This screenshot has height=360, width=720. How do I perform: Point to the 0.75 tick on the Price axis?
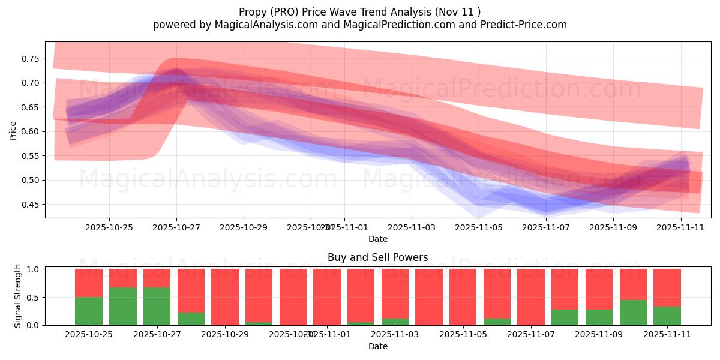click(x=30, y=59)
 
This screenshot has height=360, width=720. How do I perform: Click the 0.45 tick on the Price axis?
click(x=30, y=205)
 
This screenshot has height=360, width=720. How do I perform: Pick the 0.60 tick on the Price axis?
click(x=30, y=131)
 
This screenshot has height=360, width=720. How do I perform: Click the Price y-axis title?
click(x=13, y=130)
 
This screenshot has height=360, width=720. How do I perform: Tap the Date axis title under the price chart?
click(x=377, y=239)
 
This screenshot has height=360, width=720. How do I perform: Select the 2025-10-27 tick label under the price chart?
click(x=176, y=227)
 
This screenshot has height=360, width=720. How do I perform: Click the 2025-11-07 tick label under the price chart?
click(x=546, y=227)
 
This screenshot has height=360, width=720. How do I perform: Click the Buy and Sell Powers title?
click(x=377, y=257)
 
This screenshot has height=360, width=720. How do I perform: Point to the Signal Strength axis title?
click(x=18, y=296)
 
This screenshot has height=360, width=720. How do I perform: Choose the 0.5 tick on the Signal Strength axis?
click(x=34, y=297)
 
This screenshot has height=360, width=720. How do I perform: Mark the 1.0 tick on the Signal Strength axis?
click(x=34, y=269)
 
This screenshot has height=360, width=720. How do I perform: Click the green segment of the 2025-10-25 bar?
click(x=88, y=311)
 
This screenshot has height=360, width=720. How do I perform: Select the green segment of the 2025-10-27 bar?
click(x=157, y=306)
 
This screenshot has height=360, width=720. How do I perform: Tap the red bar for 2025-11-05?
click(x=463, y=297)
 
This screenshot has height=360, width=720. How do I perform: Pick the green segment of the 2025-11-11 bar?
click(x=667, y=316)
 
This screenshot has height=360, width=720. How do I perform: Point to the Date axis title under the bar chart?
click(x=377, y=346)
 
